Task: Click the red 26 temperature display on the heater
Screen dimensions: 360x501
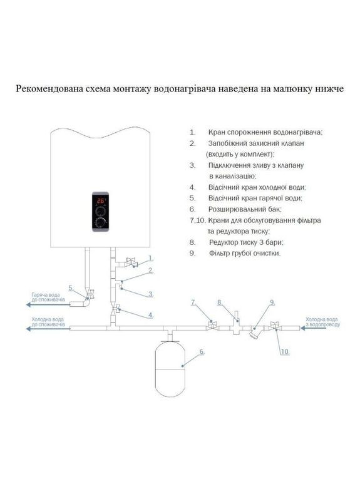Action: [x=101, y=200]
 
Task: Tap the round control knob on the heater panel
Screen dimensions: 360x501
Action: [x=101, y=222]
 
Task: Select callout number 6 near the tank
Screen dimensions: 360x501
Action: [x=202, y=352]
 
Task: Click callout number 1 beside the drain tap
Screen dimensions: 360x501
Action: [x=151, y=258]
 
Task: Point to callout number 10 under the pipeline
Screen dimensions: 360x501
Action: [x=285, y=352]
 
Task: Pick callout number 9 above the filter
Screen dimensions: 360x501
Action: [x=272, y=302]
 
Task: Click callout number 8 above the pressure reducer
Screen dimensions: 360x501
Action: [x=220, y=302]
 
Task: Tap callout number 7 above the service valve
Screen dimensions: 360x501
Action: [x=193, y=302]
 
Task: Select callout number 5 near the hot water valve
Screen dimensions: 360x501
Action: [x=71, y=288]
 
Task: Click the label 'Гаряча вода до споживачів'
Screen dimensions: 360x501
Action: [x=48, y=297]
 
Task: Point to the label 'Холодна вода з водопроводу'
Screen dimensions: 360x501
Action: [x=322, y=322]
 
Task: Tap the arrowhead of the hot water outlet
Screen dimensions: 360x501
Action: [x=28, y=304]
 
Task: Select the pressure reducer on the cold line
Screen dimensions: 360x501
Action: [x=237, y=322]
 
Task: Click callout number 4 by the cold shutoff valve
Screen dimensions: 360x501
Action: [x=150, y=315]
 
